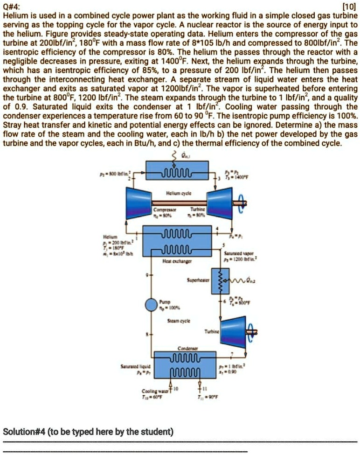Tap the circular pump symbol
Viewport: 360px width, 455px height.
click(x=151, y=305)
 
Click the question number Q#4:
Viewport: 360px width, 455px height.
click(x=11, y=6)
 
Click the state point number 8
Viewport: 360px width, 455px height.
click(x=148, y=335)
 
